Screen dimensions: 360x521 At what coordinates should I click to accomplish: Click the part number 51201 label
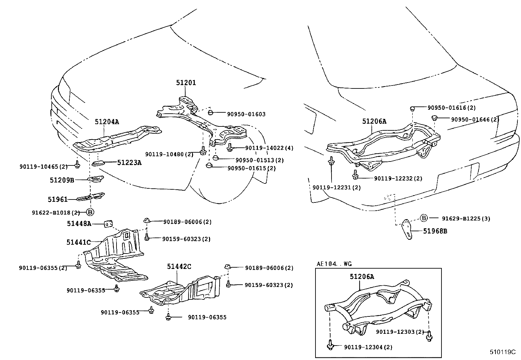click(186, 83)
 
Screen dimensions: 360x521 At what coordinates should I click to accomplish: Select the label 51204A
click(107, 122)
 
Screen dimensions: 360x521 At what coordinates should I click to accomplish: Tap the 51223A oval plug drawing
click(98, 163)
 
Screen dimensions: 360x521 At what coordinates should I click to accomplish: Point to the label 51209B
click(62, 180)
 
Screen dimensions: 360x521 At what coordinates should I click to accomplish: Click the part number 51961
click(58, 199)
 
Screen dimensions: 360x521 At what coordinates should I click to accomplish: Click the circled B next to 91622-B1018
click(91, 212)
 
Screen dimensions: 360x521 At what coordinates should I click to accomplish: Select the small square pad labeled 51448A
click(108, 224)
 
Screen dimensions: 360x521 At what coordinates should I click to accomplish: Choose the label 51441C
click(79, 242)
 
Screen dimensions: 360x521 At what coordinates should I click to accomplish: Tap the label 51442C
click(179, 267)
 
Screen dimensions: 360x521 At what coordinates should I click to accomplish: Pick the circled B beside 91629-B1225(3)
click(423, 218)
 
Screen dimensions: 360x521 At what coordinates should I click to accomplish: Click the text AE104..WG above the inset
click(334, 264)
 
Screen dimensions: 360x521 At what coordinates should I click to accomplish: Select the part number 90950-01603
click(246, 114)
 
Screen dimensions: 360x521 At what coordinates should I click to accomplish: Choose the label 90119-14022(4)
click(269, 148)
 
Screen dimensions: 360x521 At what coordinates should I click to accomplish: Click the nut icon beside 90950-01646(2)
click(435, 118)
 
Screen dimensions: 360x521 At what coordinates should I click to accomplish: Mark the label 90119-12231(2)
click(336, 188)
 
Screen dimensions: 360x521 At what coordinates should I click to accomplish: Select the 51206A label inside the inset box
click(362, 277)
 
